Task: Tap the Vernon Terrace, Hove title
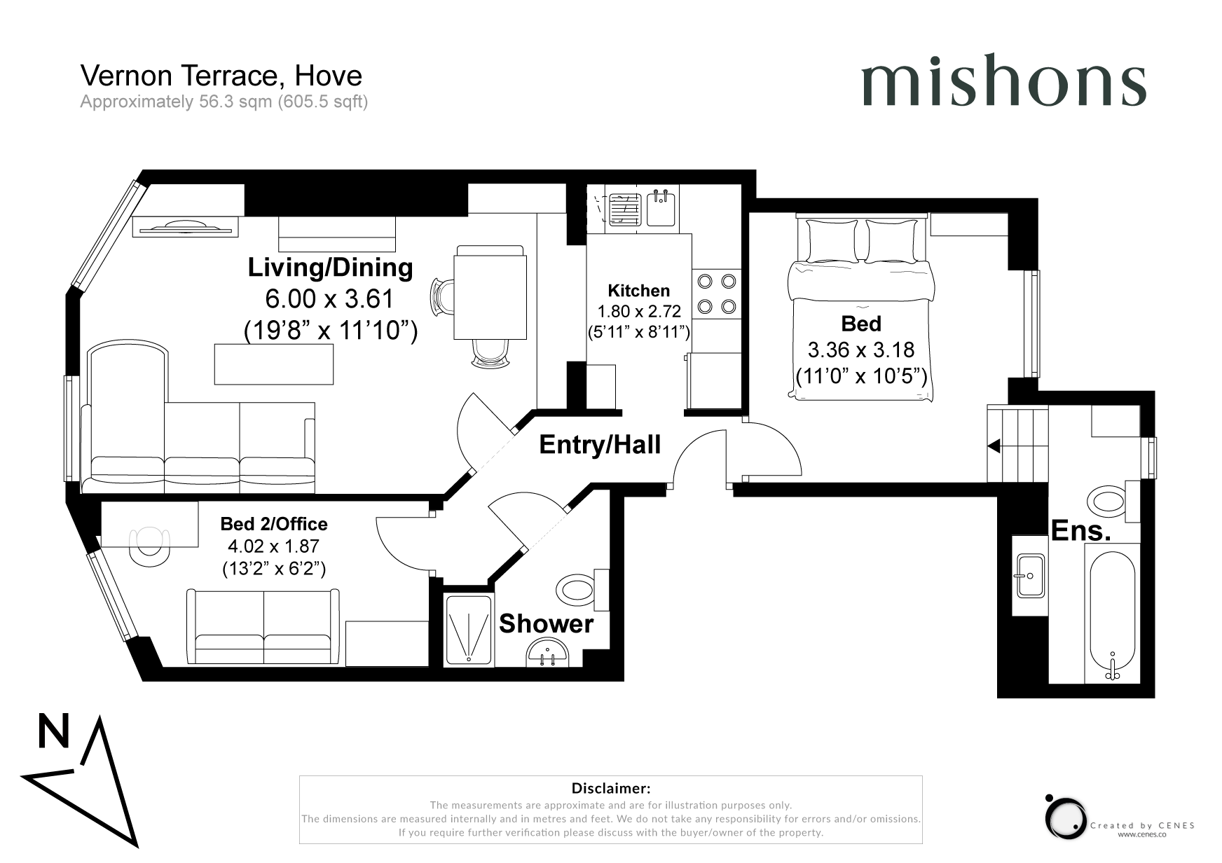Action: coord(221,76)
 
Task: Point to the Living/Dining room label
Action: coord(331,268)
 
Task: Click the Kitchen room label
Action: coord(638,291)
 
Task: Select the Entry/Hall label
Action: coord(600,445)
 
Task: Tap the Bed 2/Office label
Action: coord(274,524)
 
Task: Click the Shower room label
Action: coord(546,623)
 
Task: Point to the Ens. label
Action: coord(1080,531)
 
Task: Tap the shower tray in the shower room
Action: coord(469,630)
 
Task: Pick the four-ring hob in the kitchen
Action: coord(717,294)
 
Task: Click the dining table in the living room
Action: coord(490,297)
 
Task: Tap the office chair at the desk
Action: coord(149,545)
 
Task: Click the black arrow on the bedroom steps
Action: coord(994,446)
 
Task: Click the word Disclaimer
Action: coord(611,789)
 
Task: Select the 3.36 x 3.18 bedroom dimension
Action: coord(861,350)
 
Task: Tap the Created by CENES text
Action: coord(1142,826)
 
